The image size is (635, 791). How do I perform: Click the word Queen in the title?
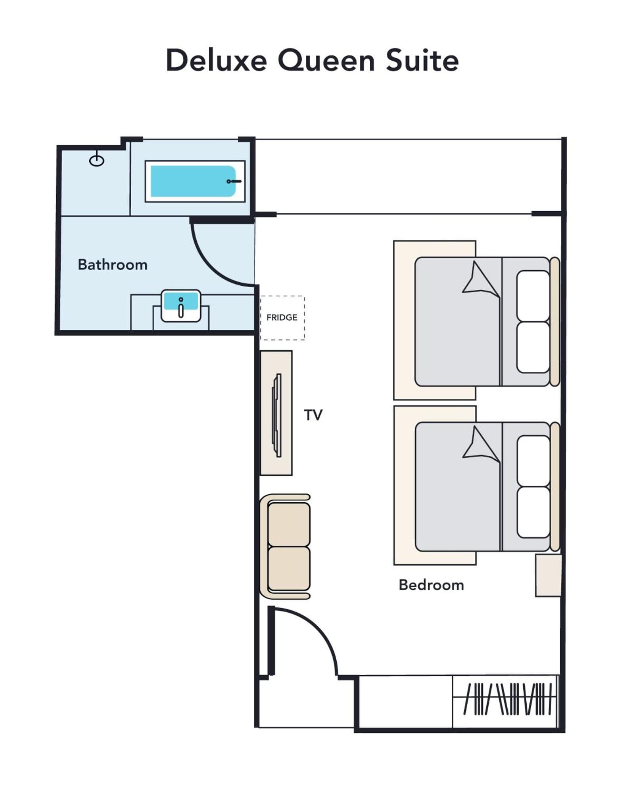click(x=326, y=61)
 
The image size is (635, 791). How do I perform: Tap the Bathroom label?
click(x=113, y=264)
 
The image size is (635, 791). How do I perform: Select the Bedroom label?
click(x=431, y=585)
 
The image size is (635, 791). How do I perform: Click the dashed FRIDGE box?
click(x=282, y=318)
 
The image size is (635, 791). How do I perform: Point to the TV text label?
click(x=313, y=415)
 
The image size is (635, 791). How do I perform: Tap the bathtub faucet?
click(x=234, y=181)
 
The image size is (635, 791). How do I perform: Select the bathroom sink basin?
click(x=181, y=306)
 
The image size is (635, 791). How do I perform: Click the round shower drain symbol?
click(x=97, y=160)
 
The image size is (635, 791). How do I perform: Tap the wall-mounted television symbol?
click(x=277, y=415)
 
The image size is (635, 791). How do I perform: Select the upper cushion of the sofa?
click(x=289, y=524)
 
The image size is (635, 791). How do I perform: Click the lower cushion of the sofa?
click(x=289, y=569)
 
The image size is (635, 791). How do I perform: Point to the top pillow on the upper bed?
click(x=533, y=296)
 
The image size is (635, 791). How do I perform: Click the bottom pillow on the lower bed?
click(x=533, y=512)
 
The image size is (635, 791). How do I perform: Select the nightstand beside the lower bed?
click(x=549, y=575)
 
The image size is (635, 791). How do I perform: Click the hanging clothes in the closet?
click(x=508, y=699)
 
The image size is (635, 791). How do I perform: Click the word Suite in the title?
click(x=422, y=60)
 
